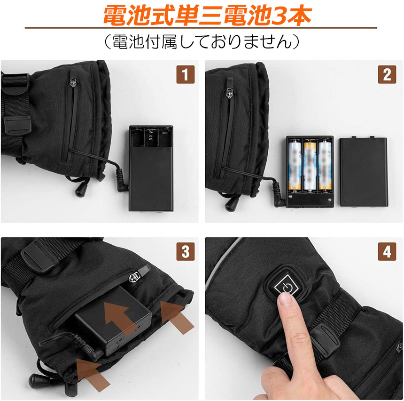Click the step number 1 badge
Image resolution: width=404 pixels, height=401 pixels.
point(185,74)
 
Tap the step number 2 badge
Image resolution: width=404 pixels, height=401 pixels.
point(387,74)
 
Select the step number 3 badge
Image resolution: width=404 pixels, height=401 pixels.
point(185,251)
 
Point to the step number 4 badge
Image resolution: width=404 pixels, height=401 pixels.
point(387,251)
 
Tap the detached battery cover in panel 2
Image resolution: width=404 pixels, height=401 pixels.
point(364,171)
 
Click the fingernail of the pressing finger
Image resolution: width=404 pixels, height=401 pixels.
point(286,299)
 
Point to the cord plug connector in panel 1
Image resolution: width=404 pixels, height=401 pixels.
point(122,181)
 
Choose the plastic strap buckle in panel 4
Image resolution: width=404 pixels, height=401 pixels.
point(324,341)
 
